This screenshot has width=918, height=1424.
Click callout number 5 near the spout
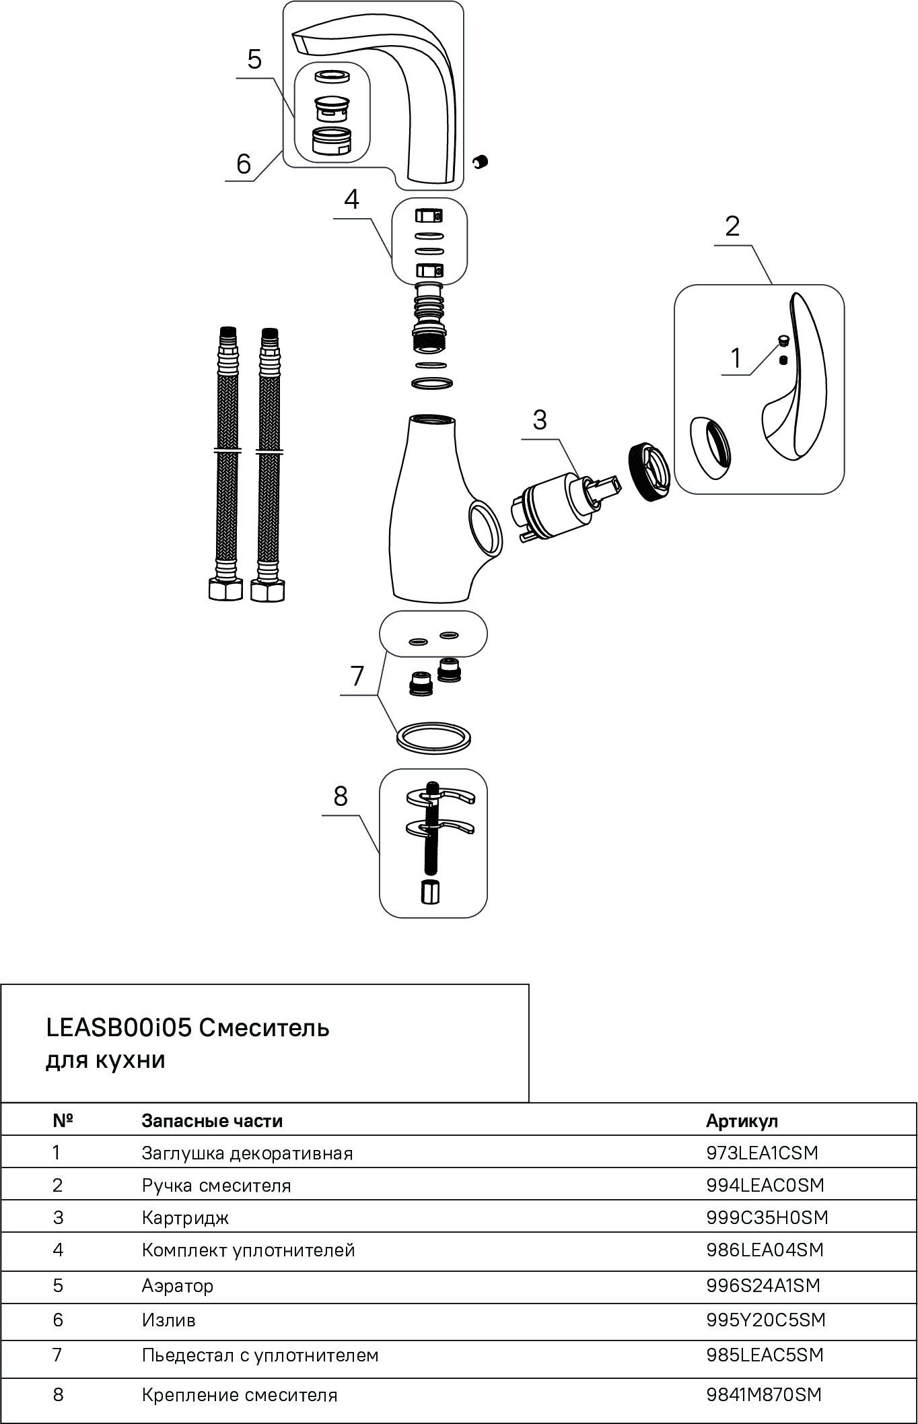click(254, 59)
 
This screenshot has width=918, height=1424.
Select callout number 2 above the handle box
click(732, 226)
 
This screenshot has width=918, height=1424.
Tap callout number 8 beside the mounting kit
click(341, 796)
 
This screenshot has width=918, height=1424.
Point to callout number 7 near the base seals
click(357, 675)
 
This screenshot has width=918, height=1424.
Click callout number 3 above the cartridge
click(540, 420)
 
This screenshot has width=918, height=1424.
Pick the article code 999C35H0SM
click(767, 1217)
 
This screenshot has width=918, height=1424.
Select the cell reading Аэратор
click(178, 1285)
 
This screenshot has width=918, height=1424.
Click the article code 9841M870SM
click(764, 1394)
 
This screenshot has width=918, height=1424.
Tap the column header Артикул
click(742, 1121)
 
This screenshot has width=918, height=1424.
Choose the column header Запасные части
click(212, 1121)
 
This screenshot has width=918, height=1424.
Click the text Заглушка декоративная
click(247, 1153)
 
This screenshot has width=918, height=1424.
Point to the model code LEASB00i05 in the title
click(119, 1028)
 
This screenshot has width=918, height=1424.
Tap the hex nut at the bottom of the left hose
click(225, 590)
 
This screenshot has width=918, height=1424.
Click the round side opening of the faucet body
click(485, 529)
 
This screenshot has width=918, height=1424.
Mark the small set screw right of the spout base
click(481, 162)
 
